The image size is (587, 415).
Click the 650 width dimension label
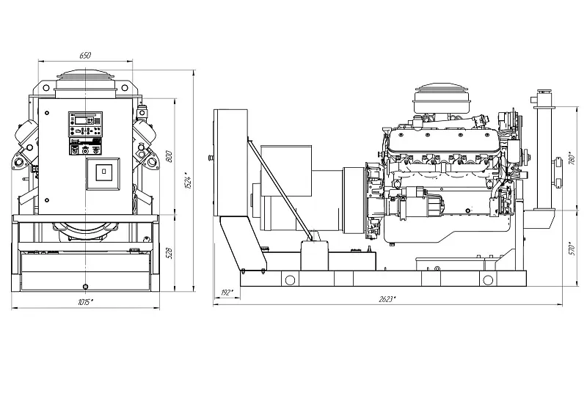click(85, 55)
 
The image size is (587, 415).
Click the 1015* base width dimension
click(86, 301)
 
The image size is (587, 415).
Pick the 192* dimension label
click(227, 293)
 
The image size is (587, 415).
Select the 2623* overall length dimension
click(387, 299)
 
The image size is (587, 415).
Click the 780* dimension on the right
click(572, 159)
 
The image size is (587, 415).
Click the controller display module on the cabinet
click(85, 124)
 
